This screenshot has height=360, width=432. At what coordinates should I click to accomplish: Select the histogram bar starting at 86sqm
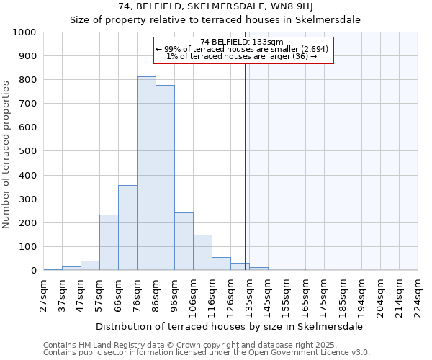pos(165,177)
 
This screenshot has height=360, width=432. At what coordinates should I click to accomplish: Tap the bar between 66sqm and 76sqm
pos(127,228)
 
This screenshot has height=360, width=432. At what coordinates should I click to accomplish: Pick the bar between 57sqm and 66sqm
pos(109,242)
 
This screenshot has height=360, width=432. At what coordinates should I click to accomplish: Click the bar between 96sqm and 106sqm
pos(184,241)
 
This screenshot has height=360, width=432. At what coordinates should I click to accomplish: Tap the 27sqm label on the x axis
pos(44,295)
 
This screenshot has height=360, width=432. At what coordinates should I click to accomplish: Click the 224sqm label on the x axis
pos(418,295)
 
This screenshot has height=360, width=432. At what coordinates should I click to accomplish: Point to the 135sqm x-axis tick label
pos(250,295)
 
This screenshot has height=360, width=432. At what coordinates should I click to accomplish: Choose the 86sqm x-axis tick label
pos(156,295)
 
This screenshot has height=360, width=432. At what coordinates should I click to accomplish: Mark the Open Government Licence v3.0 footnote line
pos(206,353)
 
